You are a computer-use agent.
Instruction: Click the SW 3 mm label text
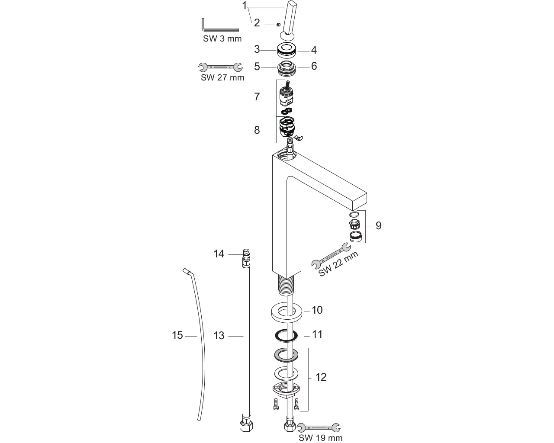[222, 39]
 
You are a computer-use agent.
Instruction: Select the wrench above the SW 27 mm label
[220, 67]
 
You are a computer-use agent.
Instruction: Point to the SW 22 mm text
[338, 263]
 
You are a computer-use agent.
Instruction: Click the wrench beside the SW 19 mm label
[319, 427]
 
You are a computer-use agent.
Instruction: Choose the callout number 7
[257, 97]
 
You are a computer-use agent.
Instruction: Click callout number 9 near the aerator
[378, 225]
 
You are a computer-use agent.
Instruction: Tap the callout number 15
[177, 335]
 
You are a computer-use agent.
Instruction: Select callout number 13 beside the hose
[219, 336]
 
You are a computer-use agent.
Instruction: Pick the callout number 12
[321, 377]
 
